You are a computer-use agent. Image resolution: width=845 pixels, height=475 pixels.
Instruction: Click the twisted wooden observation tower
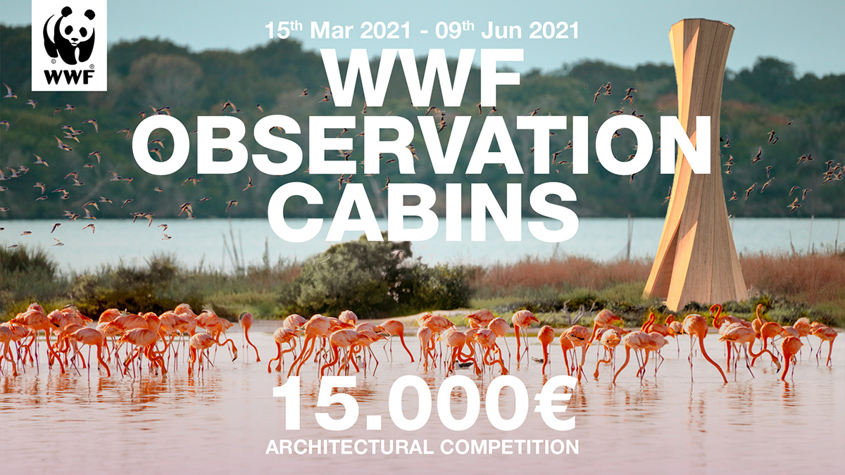click(x=696, y=162)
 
